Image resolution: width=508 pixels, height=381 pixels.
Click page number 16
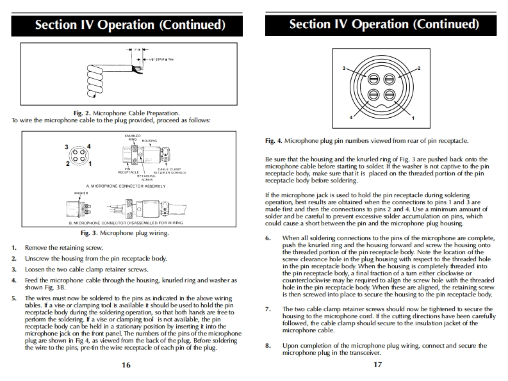[x=126, y=364]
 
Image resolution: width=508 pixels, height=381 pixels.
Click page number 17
[x=378, y=364]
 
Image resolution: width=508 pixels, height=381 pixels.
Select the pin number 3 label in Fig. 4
[x=345, y=69]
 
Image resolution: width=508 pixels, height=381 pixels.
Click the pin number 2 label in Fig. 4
[x=418, y=68]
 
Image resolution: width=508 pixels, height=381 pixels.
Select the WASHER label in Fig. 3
[x=81, y=193]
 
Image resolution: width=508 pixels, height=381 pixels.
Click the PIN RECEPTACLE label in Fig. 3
[x=127, y=171]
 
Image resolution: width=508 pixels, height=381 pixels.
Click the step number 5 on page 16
[x=13, y=298]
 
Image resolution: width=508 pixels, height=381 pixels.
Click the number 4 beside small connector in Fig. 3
[x=88, y=147]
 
